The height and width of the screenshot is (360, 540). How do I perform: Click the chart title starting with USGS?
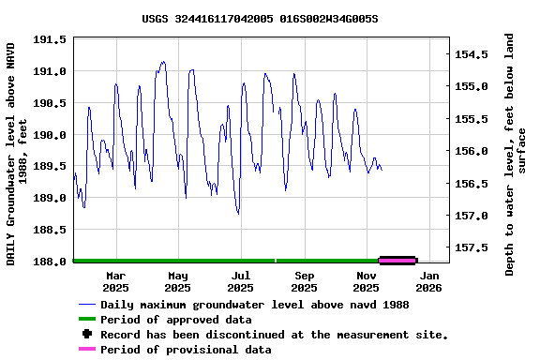tap(266, 18)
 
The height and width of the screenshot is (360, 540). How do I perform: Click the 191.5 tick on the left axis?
tap(50, 39)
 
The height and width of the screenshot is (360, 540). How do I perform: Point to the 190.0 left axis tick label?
tap(50, 135)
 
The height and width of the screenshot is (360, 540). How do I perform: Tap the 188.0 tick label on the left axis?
tap(50, 262)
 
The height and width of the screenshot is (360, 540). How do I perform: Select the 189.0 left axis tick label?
tap(50, 199)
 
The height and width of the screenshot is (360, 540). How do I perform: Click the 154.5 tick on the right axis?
tap(472, 54)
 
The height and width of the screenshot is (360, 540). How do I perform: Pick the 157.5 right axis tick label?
tap(472, 247)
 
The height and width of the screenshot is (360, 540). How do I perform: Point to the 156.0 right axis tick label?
tap(472, 151)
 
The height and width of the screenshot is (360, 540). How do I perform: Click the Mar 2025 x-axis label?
tap(115, 281)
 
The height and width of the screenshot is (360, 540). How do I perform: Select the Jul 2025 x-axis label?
tap(241, 281)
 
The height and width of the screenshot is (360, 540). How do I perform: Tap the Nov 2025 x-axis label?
tap(367, 281)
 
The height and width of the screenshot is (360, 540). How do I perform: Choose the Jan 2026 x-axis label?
tap(429, 281)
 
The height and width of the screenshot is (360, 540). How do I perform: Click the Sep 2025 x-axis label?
tap(304, 281)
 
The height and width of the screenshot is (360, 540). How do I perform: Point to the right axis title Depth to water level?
tap(516, 155)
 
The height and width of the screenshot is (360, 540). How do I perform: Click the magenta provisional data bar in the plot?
tap(397, 260)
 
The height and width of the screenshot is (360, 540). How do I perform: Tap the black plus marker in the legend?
tap(87, 334)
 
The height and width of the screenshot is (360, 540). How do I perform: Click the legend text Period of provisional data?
tap(186, 350)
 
